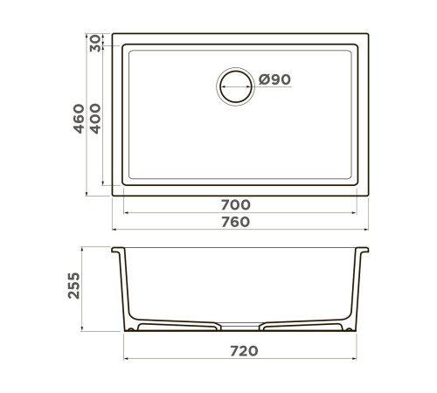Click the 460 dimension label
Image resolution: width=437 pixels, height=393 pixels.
(79, 119)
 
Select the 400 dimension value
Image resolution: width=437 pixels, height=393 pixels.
(95, 119)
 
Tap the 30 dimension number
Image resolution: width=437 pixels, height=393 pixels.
(95, 44)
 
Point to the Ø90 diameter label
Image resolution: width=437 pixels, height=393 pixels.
(274, 79)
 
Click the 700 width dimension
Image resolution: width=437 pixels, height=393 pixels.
(235, 205)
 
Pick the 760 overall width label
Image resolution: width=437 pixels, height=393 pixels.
(235, 222)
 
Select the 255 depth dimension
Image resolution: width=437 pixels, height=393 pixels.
(73, 286)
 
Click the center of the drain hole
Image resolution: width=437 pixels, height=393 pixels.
(236, 86)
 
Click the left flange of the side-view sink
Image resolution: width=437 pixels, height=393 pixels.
(118, 250)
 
